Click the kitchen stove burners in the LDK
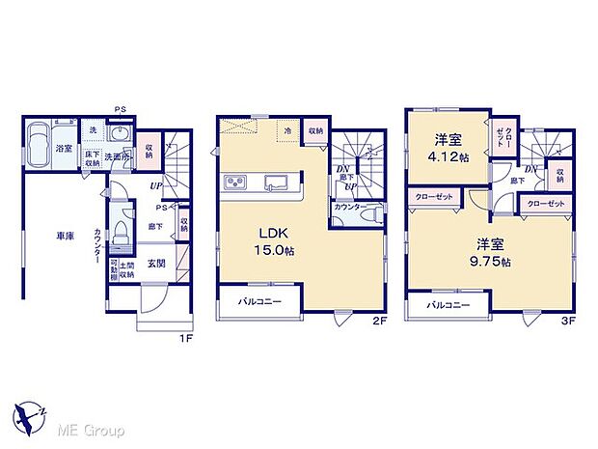pyautogui.click(x=237, y=182)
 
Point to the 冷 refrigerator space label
pyautogui.click(x=287, y=128)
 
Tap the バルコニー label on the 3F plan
pyautogui.click(x=448, y=304)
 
